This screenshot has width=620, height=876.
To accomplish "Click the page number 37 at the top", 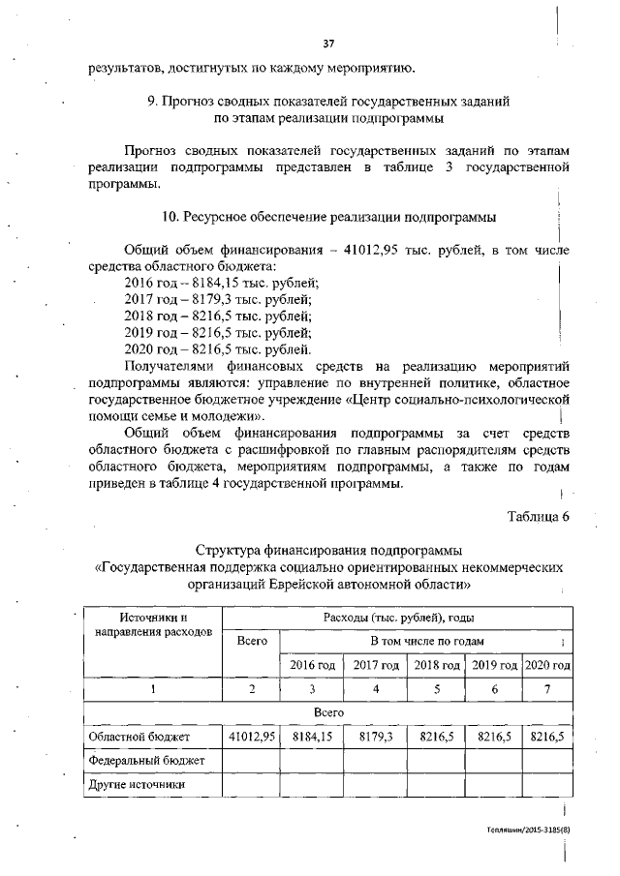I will (328, 44).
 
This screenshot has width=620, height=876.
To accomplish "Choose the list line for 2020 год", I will (218, 348).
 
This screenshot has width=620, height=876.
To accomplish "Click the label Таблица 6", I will (539, 515).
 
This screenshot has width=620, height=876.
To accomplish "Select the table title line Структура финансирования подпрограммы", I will (328, 551).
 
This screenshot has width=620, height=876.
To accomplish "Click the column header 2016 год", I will (312, 665).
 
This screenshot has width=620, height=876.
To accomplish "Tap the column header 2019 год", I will (495, 665).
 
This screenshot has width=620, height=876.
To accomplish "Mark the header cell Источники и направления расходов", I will (152, 624).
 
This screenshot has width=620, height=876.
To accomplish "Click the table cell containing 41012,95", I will (252, 737).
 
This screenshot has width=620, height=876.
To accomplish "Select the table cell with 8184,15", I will (312, 737).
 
